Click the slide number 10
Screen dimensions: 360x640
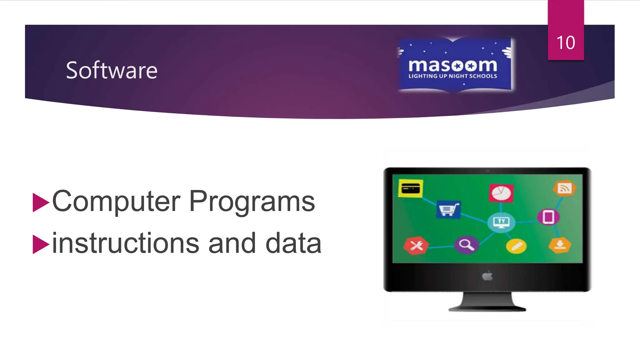tap(566, 42)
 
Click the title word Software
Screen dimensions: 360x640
tap(112, 70)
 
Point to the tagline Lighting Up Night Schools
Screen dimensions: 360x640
tap(453, 76)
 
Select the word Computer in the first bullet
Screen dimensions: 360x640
tap(116, 202)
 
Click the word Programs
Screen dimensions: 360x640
tap(252, 202)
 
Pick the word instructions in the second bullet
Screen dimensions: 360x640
tap(125, 243)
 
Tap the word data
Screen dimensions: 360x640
tap(293, 243)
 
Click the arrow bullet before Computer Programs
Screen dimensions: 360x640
tap(41, 202)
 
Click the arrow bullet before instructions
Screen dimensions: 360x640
tap(41, 244)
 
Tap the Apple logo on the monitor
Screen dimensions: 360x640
tap(487, 276)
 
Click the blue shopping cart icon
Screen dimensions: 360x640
tap(448, 209)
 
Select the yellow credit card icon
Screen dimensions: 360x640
tap(411, 188)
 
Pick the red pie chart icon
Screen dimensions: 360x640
tap(501, 193)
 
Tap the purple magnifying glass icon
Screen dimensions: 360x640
tap(466, 244)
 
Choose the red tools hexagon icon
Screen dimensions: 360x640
tap(416, 246)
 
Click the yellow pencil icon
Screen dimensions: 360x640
tap(516, 246)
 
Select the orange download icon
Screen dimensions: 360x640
tap(560, 245)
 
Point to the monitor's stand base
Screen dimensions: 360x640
tap(487, 308)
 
